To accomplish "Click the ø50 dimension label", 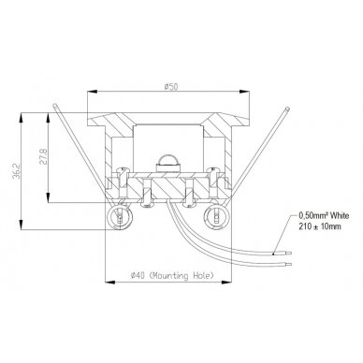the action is pyautogui.click(x=171, y=86).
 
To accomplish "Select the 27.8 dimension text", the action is pyautogui.click(x=43, y=156).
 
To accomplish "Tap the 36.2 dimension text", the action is pyautogui.click(x=16, y=170).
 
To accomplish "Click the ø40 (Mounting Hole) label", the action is pyautogui.click(x=173, y=276).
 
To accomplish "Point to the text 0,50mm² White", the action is pyautogui.click(x=324, y=215).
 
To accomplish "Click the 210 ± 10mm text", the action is pyautogui.click(x=320, y=226).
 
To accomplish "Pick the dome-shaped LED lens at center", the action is pyautogui.click(x=167, y=161).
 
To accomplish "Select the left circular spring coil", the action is pyautogui.click(x=120, y=216).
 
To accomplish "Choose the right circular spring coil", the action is pyautogui.click(x=216, y=216).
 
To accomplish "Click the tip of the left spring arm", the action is pyautogui.click(x=54, y=105).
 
